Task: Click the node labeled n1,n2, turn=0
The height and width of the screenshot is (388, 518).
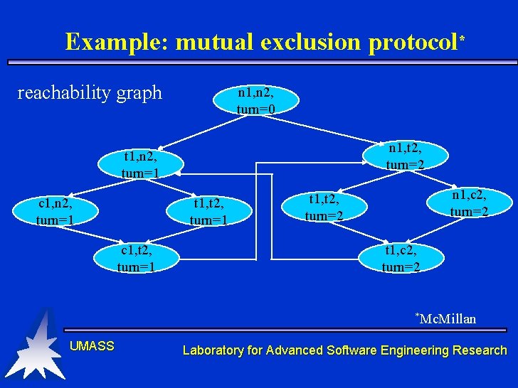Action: (256, 100)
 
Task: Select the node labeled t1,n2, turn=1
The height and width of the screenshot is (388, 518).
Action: (140, 164)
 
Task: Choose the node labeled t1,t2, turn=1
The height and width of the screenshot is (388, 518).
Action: (208, 212)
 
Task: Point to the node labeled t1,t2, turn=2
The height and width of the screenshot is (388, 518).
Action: (324, 207)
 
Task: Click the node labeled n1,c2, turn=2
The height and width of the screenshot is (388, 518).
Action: (469, 203)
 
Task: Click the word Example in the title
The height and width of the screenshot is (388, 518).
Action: (116, 42)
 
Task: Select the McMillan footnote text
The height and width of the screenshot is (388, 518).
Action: (448, 318)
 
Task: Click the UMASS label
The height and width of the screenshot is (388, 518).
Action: (92, 346)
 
